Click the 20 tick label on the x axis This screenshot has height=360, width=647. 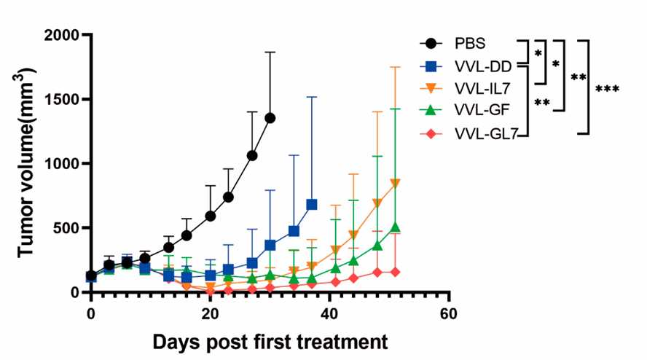coord(210,313)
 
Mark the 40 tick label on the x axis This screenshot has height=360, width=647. coord(329,313)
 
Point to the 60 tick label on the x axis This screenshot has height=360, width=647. coord(449,313)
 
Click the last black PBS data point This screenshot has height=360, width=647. coord(270,118)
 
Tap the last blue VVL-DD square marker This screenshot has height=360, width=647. coord(312,205)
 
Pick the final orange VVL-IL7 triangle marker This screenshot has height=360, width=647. coord(396,184)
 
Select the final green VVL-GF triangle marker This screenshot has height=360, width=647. coord(396,227)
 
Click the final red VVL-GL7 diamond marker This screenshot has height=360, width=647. coord(396,272)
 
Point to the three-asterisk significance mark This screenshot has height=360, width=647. coord(607,89)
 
